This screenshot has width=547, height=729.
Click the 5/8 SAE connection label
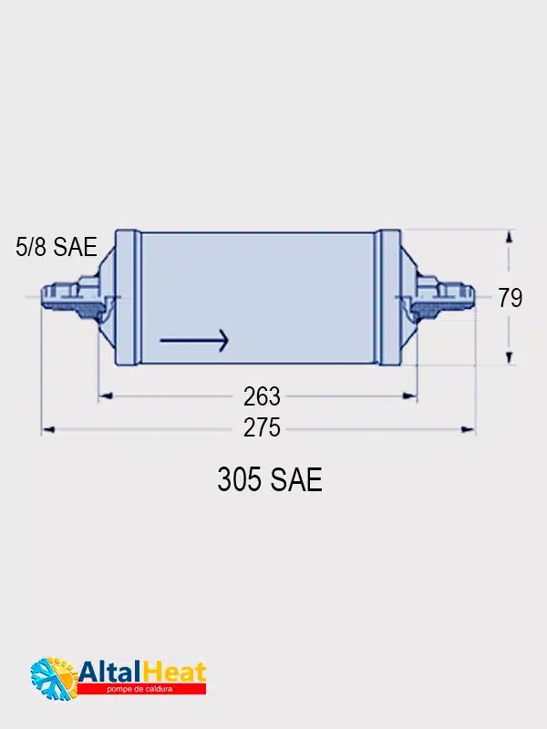(57, 246)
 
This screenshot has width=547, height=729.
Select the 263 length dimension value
(262, 396)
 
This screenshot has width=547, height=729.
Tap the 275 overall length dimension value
(262, 427)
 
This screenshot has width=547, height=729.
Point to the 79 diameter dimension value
(511, 298)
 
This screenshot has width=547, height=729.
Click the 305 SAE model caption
(270, 479)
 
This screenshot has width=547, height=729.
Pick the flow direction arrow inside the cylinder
(194, 340)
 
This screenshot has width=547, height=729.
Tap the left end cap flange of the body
(128, 298)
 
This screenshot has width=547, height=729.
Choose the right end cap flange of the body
(388, 298)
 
